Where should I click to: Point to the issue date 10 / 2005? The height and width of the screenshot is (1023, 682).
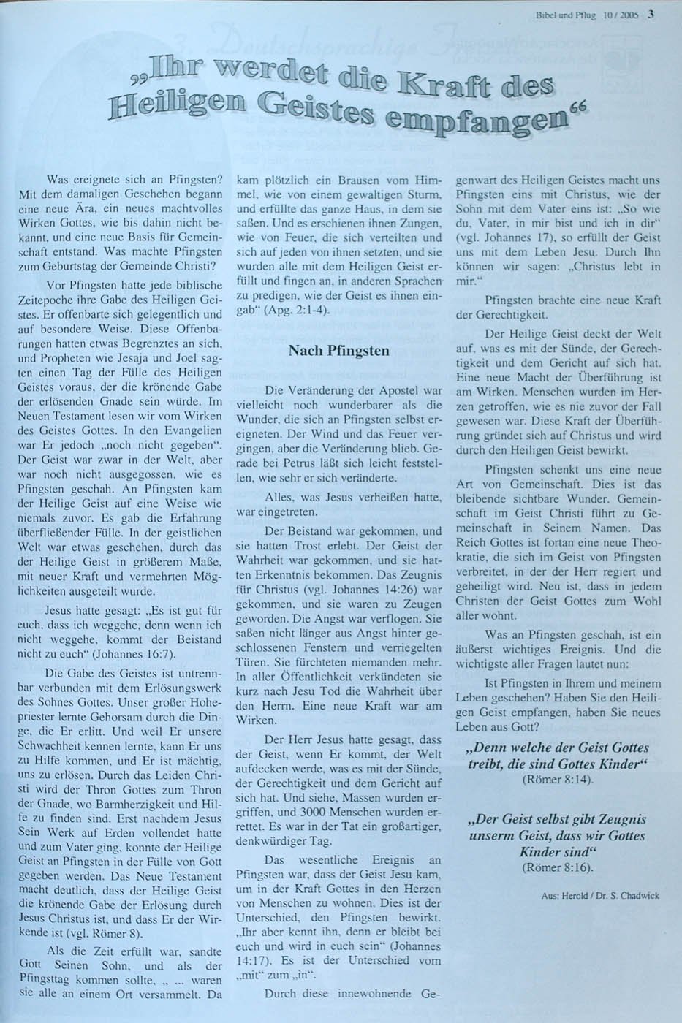coord(621,13)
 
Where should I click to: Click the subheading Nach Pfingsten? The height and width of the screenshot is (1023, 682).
coord(339,351)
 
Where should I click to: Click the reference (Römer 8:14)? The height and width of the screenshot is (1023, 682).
coord(559,779)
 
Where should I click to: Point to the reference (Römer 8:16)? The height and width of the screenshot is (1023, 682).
coord(559,867)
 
